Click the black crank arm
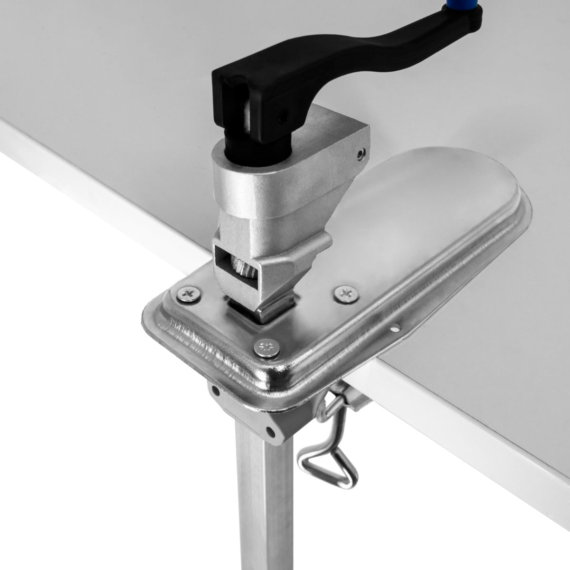[x=361, y=52]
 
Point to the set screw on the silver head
[x=361, y=153]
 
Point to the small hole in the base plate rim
[x=394, y=328]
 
